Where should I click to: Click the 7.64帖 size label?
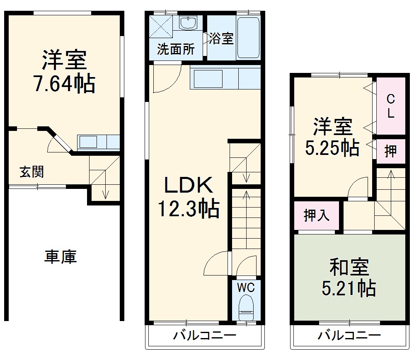64,84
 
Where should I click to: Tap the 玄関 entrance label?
32,172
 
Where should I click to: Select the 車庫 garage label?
61,257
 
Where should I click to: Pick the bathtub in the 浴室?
249,37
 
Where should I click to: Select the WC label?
246,286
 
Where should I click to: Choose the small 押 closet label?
390,152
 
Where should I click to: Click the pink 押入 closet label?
317,215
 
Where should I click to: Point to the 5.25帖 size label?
332,147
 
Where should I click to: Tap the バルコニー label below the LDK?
205,335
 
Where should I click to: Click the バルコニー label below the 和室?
349,335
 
